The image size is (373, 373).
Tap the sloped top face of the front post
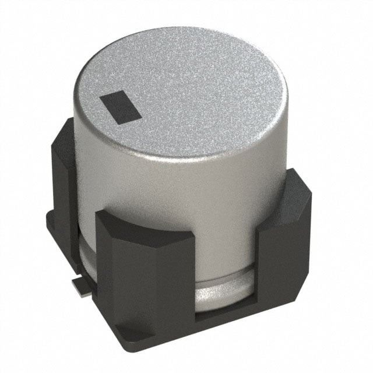[143, 224]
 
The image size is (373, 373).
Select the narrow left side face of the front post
[105, 262]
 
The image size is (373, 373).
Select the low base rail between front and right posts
[224, 318]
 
